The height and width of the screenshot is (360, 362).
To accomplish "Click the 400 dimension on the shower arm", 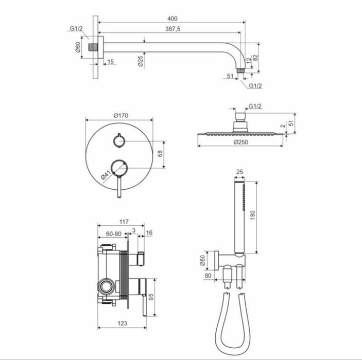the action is click(173, 19).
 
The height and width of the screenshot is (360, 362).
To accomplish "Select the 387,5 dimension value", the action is click(173, 29).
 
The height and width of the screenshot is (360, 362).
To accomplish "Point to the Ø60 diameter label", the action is click(78, 47).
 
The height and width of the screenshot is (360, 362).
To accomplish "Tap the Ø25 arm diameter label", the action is click(141, 61).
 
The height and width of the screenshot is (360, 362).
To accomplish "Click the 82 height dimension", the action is click(255, 58).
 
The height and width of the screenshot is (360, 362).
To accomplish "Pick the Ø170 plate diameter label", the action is click(120, 115).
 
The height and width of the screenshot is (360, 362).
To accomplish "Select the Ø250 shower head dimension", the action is click(241, 142).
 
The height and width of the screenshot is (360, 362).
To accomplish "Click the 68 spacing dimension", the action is click(160, 154).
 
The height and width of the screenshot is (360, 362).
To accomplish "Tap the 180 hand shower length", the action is click(252, 215).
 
